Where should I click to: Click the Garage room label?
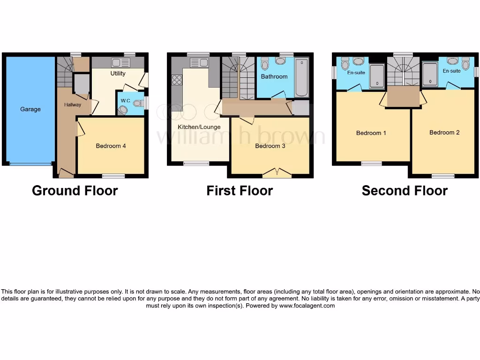30,109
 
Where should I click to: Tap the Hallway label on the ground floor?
73,105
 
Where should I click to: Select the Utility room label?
118,74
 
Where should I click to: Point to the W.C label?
125,101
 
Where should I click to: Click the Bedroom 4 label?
111,146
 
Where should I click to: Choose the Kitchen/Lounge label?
199,127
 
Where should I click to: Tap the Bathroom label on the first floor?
274,76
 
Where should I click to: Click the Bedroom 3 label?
270,146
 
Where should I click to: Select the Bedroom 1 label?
371,133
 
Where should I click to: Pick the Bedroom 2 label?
444,132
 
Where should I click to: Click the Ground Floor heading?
75,191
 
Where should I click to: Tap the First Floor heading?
240,191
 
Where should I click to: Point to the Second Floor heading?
405,191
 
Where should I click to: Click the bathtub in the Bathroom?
302,77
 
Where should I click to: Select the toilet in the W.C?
123,110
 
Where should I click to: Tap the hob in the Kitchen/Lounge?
177,80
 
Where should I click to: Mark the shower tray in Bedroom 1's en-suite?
376,76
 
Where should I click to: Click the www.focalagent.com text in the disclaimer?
307,306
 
